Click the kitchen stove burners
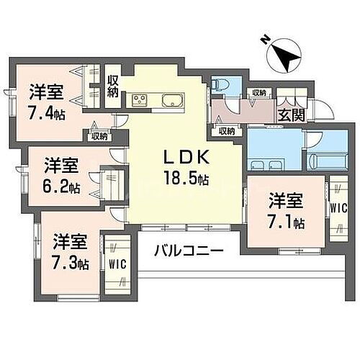138,99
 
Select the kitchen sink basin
173,99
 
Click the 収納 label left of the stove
113,85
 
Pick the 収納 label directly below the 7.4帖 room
99,135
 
